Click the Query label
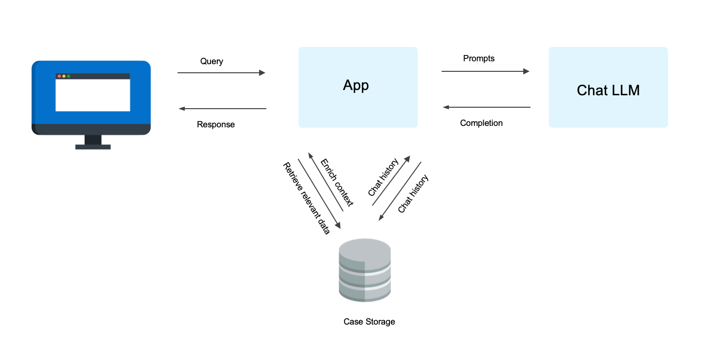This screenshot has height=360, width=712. (211, 61)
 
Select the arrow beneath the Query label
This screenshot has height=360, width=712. (221, 73)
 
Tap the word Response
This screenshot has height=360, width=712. (216, 124)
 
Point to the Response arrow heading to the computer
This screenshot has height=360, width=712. (222, 109)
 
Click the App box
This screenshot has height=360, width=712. (358, 88)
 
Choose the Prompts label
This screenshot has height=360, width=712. (478, 58)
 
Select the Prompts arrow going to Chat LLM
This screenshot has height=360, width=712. (485, 71)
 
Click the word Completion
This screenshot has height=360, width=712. (481, 123)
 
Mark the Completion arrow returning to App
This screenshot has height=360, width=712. (487, 107)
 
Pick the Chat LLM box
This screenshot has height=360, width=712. (608, 88)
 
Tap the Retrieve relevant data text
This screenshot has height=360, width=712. (306, 199)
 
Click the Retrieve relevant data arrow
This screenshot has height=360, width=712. (319, 194)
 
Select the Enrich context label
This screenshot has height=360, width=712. (337, 182)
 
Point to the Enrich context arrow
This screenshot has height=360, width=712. (325, 181)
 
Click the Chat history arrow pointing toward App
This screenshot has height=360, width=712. (391, 180)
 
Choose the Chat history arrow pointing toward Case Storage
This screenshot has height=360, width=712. (400, 191)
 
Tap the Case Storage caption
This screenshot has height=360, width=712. (369, 322)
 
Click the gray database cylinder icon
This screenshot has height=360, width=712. (365, 270)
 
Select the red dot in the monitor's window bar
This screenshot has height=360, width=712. (59, 76)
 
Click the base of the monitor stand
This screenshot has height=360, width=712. (93, 147)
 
